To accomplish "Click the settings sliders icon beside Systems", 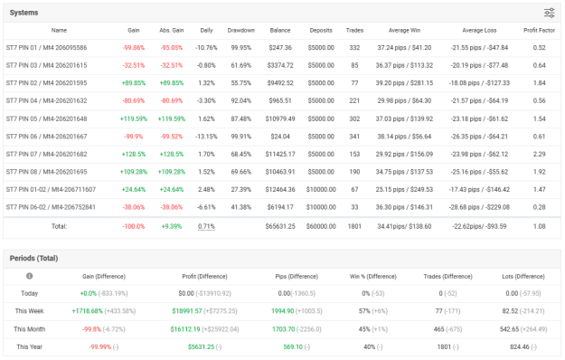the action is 549,13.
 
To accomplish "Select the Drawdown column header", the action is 241,30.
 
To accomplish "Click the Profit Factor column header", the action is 539,30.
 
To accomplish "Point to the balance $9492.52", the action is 280,83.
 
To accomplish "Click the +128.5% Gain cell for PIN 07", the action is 133,155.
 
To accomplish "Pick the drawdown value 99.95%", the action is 241,48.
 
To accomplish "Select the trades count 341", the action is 354,137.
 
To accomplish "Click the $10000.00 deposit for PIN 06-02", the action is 321,207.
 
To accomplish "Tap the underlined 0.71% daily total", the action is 206,226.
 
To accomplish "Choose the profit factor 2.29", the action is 539,155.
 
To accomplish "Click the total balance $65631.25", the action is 280,226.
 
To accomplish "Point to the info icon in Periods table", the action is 30,276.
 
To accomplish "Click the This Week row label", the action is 30,311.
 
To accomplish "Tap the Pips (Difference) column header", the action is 297,277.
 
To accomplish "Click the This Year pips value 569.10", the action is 293,346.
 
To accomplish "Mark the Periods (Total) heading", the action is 33,259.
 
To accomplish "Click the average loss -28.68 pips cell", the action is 479,207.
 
